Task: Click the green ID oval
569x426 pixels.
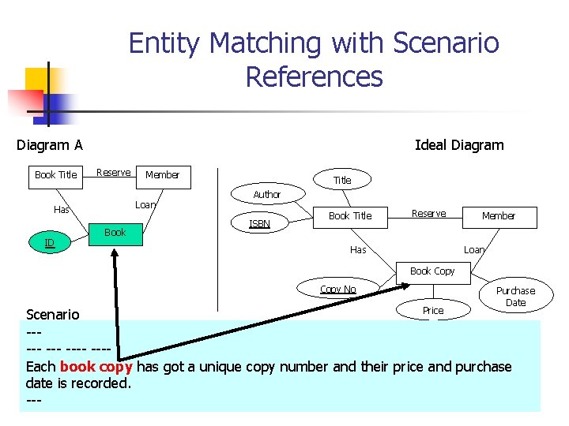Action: [50, 243]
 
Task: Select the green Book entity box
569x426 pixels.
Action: [115, 233]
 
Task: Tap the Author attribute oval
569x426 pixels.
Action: [266, 194]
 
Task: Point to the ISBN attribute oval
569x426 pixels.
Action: [259, 223]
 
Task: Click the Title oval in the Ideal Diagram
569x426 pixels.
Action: [342, 180]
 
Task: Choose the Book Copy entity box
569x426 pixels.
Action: [432, 271]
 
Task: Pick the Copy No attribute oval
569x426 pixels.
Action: [338, 290]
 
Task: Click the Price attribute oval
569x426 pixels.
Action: [432, 310]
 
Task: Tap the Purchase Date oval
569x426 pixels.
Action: [515, 297]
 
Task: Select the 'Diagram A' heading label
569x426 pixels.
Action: [50, 144]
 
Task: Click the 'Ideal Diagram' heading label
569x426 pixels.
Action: [459, 144]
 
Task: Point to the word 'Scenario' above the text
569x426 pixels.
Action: [53, 314]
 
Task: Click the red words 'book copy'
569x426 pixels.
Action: [96, 367]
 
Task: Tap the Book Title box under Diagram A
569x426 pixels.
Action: [56, 174]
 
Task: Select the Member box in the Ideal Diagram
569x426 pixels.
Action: [498, 215]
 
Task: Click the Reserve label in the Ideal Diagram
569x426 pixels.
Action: [428, 214]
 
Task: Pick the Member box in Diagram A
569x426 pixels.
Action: [162, 174]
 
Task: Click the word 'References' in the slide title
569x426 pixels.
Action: [314, 77]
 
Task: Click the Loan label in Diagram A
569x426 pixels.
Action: [145, 204]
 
